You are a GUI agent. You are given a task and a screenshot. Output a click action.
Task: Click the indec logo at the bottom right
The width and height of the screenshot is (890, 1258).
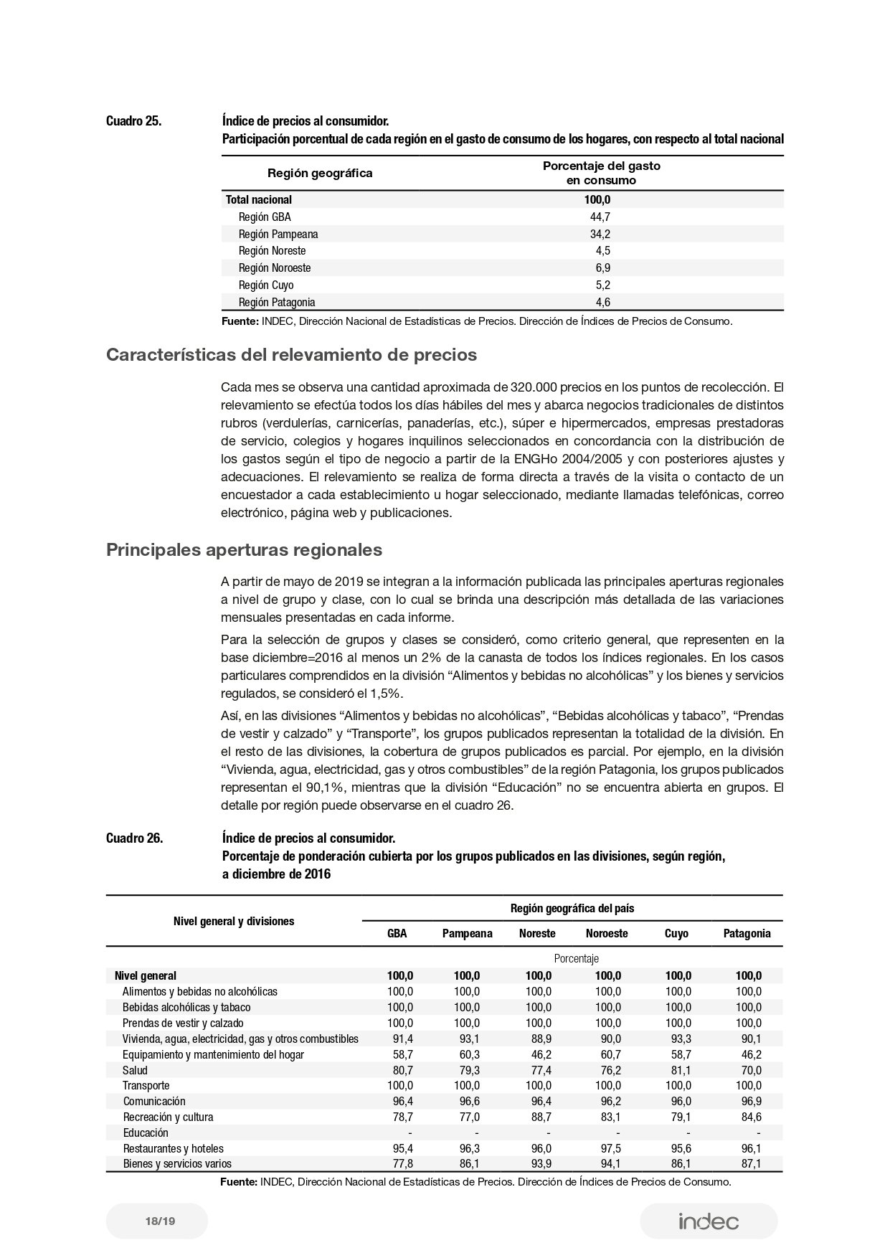tap(709, 1221)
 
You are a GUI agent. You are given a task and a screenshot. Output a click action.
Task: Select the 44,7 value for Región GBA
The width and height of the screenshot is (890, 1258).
tap(600, 217)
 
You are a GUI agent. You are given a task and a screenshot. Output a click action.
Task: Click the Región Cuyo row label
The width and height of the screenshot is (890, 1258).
tap(266, 285)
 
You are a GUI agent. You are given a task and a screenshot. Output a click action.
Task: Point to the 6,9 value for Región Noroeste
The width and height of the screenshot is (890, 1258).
tap(602, 268)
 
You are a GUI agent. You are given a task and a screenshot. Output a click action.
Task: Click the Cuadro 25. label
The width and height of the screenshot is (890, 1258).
tap(133, 120)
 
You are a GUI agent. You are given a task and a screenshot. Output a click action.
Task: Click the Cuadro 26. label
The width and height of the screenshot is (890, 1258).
tap(134, 838)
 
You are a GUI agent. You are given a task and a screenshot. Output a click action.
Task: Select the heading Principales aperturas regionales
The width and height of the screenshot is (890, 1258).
tap(244, 550)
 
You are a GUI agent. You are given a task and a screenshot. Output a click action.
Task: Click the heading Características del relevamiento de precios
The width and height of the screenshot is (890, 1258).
tap(291, 355)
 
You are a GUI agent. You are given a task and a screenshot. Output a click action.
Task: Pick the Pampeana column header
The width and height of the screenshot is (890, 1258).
tap(467, 933)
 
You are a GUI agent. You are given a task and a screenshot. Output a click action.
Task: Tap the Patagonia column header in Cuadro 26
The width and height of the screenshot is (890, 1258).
tap(747, 933)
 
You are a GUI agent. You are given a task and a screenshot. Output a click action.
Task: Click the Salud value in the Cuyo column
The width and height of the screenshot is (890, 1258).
tap(678, 1070)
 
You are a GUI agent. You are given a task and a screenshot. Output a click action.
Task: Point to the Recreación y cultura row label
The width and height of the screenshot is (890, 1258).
tap(168, 1117)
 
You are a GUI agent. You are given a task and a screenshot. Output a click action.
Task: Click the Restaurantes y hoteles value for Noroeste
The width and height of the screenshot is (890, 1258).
tap(608, 1148)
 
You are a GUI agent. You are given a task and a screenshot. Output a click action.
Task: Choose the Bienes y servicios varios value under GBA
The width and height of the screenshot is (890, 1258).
tap(399, 1163)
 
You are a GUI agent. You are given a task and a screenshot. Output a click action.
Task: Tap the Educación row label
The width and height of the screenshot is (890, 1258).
tap(146, 1132)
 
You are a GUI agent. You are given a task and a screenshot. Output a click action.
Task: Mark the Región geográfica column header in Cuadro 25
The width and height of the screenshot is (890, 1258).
tap(320, 173)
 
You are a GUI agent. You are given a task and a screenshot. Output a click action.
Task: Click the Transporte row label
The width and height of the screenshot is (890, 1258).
tap(146, 1085)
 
